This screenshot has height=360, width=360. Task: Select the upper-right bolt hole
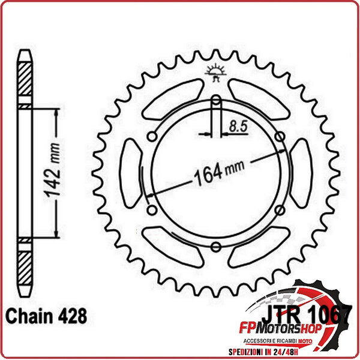(280, 136)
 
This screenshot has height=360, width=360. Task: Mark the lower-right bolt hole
(280, 209)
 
